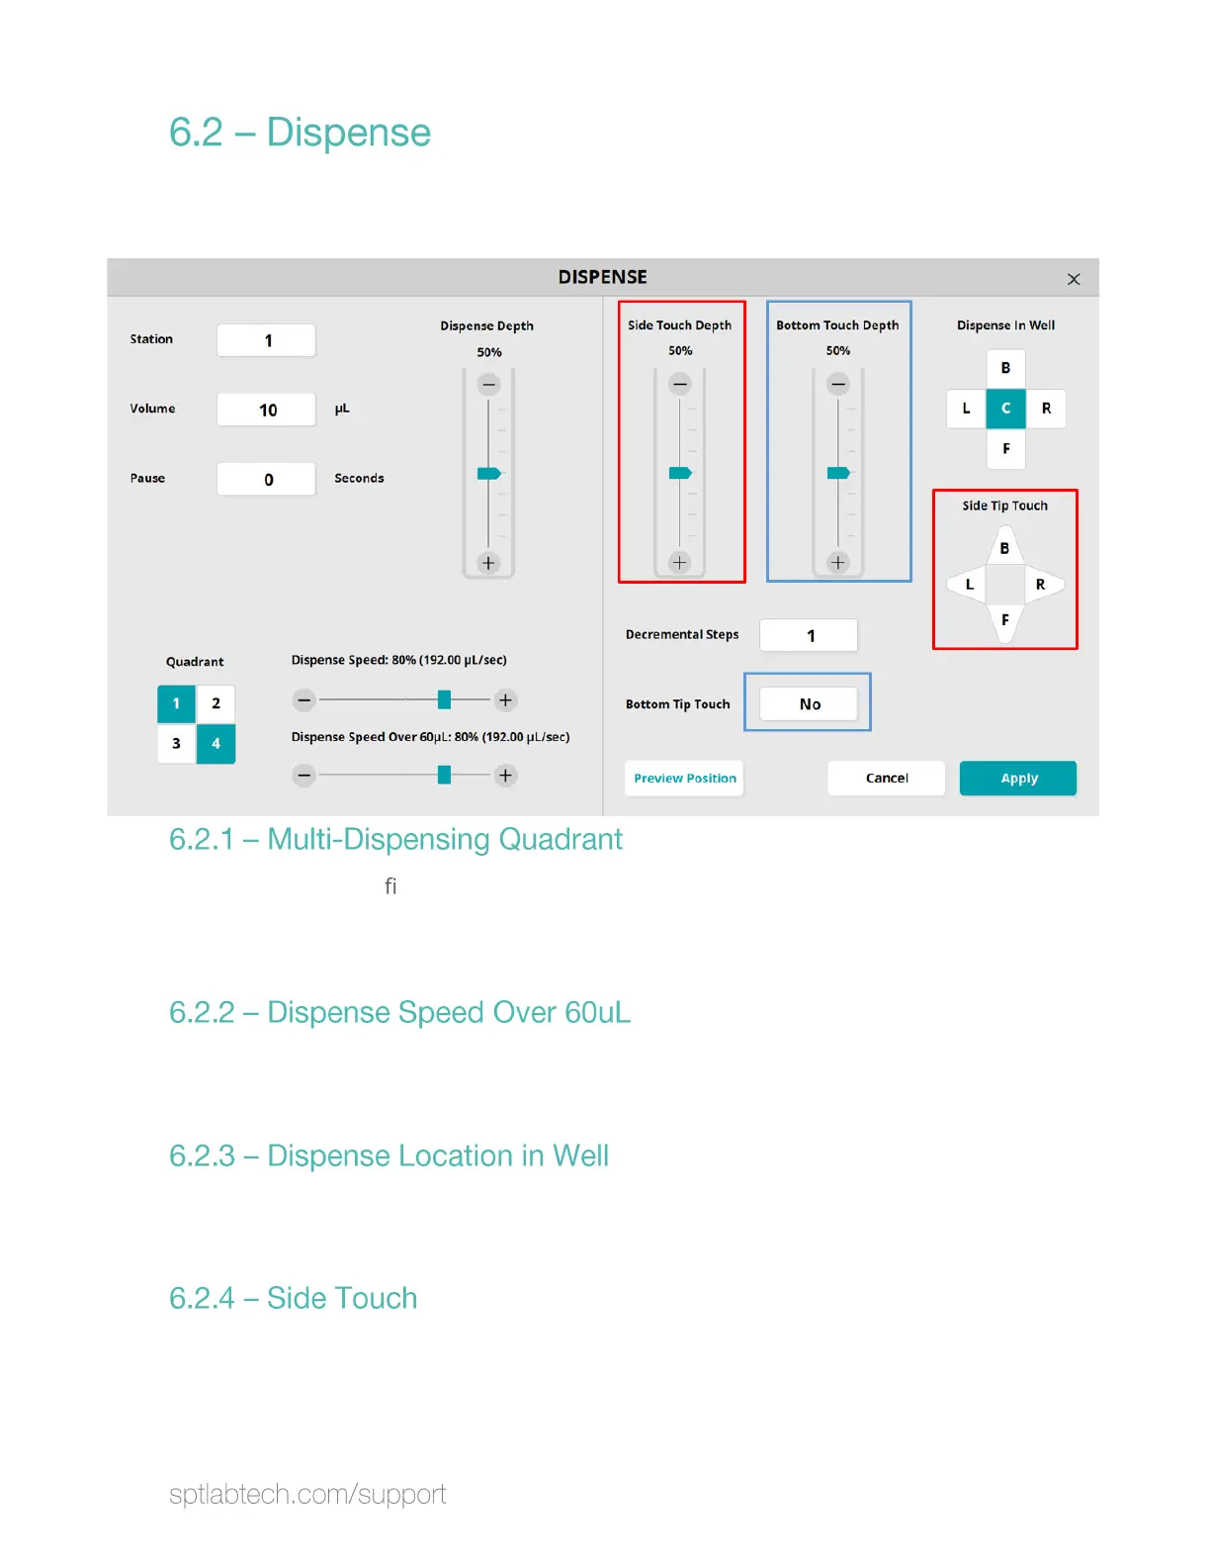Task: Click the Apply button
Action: pyautogui.click(x=1017, y=779)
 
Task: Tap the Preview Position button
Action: pyautogui.click(x=684, y=779)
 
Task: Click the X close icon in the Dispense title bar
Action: pyautogui.click(x=1074, y=280)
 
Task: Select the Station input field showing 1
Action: pyautogui.click(x=266, y=340)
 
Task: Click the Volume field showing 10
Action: pyautogui.click(x=266, y=410)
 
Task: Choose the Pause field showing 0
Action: pyautogui.click(x=266, y=480)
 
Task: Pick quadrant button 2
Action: pyautogui.click(x=216, y=703)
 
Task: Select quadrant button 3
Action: pyautogui.click(x=176, y=744)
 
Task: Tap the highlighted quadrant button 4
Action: pyautogui.click(x=216, y=744)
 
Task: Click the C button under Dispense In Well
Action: pyautogui.click(x=1005, y=409)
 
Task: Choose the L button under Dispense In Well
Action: pyautogui.click(x=966, y=409)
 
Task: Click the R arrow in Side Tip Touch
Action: pyautogui.click(x=1042, y=585)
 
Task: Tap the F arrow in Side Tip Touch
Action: pyautogui.click(x=1005, y=621)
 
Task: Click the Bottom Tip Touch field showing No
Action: pyautogui.click(x=809, y=704)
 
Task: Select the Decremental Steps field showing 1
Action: pyautogui.click(x=809, y=636)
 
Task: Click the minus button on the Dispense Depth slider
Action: pyautogui.click(x=488, y=385)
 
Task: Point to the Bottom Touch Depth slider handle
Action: pyautogui.click(x=838, y=473)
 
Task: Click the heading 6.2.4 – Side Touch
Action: pyautogui.click(x=293, y=1298)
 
